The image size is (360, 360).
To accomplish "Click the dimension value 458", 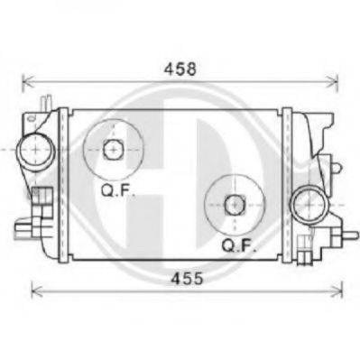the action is pos(180,69).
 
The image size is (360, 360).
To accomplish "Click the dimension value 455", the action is pos(187,279).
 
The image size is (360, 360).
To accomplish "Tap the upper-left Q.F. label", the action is pos(117,190).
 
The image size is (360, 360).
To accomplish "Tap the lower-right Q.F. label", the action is pos(239,245).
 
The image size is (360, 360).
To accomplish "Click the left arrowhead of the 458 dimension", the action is pos(28,81).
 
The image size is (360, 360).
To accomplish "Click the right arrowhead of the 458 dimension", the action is pos(333,81).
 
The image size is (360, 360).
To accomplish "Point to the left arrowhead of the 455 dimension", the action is pos(37,291).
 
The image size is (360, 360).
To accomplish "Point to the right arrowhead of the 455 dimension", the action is pos(337,291).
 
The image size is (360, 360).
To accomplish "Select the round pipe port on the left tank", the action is pos(36,150).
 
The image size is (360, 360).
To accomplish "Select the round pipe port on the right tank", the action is pos(309,205).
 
